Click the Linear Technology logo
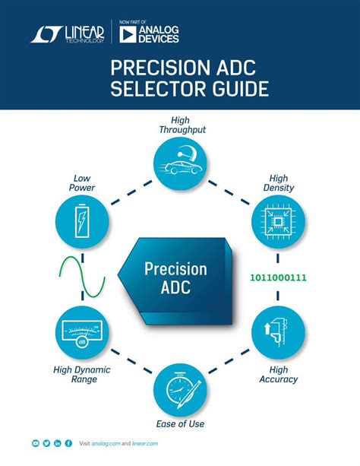click(68, 34)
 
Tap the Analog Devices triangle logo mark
click(128, 34)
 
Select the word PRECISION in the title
click(159, 68)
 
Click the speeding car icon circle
click(180, 163)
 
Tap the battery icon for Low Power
click(82, 221)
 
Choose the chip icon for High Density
click(278, 222)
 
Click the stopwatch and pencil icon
click(180, 390)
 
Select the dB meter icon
click(82, 332)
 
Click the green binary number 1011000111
click(278, 277)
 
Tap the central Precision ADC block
click(175, 281)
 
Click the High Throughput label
click(182, 125)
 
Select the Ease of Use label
click(180, 423)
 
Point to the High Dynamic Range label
click(82, 374)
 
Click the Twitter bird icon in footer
click(46, 443)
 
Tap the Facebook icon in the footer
click(68, 443)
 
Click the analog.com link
click(106, 443)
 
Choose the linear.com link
click(145, 443)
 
